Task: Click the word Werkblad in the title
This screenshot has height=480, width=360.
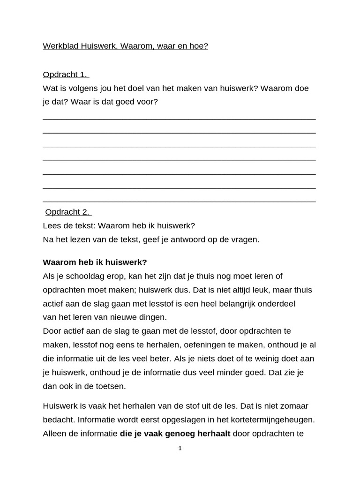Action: coord(60,46)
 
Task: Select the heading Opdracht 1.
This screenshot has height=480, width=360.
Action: coord(66,75)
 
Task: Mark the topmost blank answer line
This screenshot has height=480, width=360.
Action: coord(179,119)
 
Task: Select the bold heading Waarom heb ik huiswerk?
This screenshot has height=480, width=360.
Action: coord(95,262)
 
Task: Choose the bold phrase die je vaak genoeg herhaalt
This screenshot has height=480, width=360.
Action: coord(175,434)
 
